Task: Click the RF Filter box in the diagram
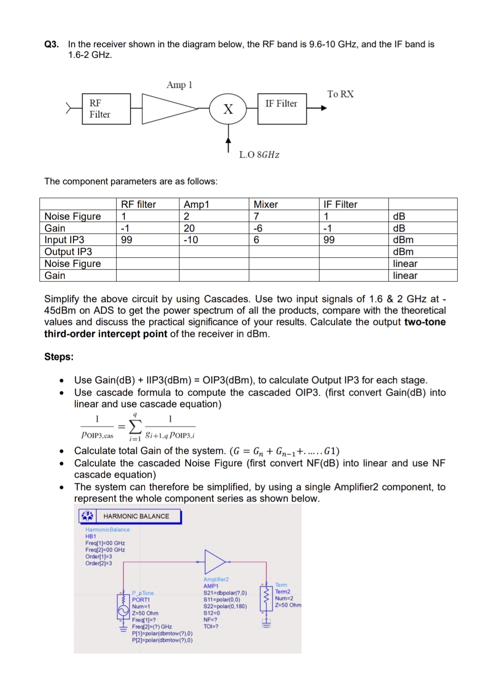106,109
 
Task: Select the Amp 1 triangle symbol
165,109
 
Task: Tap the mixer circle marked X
228,109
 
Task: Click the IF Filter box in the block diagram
282,108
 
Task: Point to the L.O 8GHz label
259,154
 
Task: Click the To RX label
340,94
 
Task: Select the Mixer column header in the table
266,204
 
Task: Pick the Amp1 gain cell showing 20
189,228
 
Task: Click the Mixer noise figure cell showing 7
257,216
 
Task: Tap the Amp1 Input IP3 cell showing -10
191,240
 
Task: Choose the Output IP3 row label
68,252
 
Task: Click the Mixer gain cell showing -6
258,228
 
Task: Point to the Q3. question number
51,44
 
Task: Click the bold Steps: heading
59,357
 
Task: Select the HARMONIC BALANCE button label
136,516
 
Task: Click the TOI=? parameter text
211,626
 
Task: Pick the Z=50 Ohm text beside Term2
288,605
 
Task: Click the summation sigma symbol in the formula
134,426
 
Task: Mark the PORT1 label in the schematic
141,600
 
